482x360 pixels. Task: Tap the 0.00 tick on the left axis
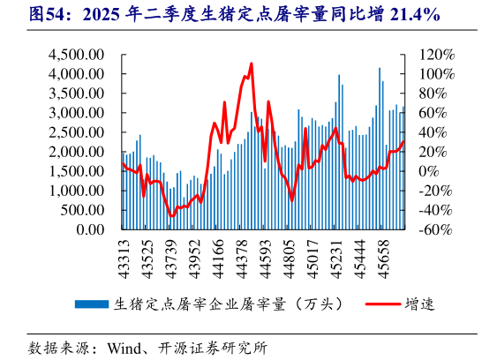tap(92, 229)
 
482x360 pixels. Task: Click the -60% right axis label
tap(434, 229)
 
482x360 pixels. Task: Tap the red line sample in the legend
tap(375, 304)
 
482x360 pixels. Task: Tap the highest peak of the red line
tap(252, 64)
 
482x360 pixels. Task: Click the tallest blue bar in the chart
tap(380, 68)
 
